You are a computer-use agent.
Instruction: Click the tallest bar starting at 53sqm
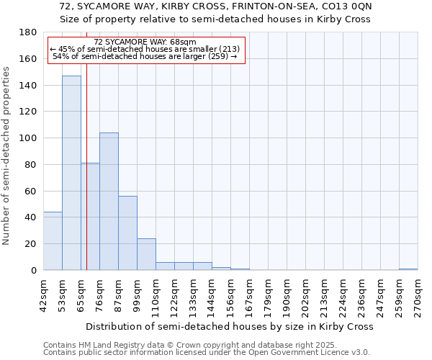71,173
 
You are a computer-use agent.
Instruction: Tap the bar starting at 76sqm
109,202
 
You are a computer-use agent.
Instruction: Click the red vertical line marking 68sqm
86,180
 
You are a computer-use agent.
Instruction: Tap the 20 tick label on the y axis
30,244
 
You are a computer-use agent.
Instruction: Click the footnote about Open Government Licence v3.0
207,353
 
